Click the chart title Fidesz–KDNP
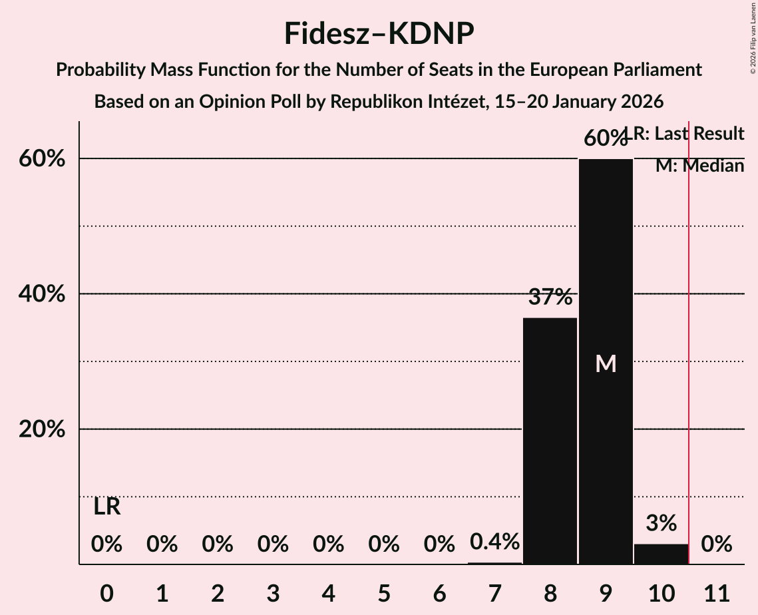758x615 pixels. coord(379,33)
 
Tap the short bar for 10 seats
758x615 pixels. coord(661,554)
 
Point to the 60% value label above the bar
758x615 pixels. coord(605,138)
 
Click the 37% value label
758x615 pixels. coord(550,297)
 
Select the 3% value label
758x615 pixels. coord(661,523)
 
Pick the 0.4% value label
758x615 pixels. coord(494,542)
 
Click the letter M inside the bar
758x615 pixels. coord(606,363)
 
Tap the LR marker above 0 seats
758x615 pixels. coord(106,507)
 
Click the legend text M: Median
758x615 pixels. coord(699,166)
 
